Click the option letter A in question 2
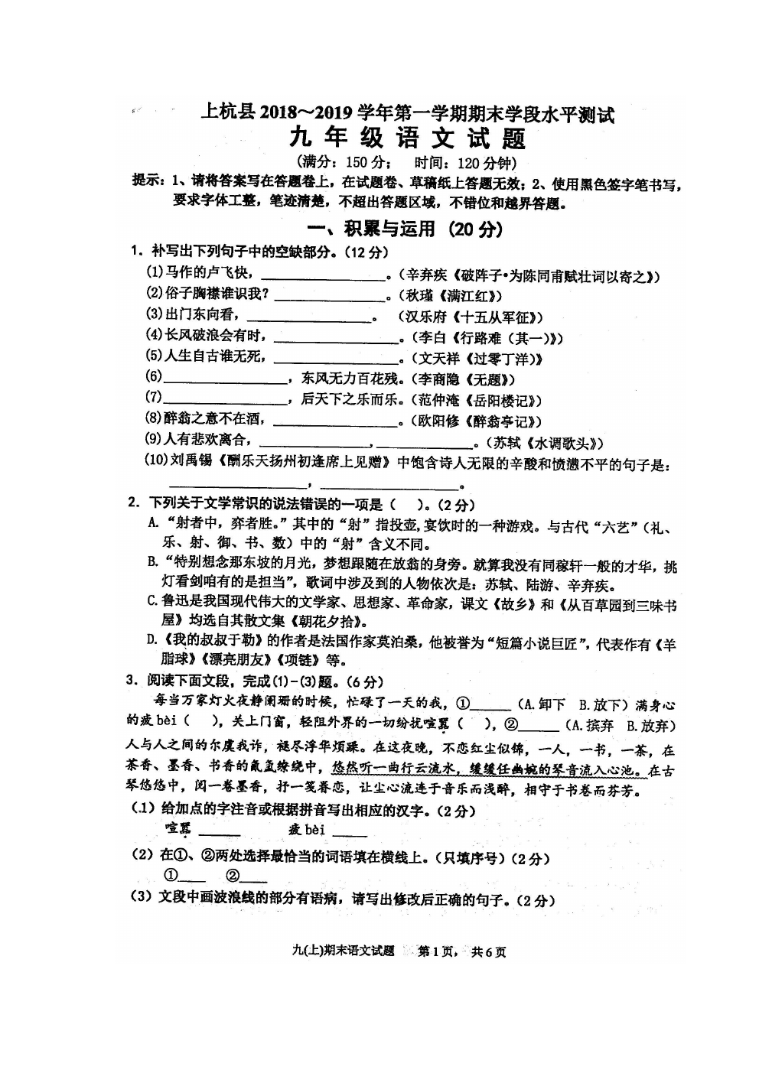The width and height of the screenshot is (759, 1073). pos(153,525)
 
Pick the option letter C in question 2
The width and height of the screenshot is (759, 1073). pos(152,603)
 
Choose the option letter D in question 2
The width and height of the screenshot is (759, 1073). pos(152,642)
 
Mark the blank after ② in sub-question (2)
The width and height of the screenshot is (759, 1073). pos(253,878)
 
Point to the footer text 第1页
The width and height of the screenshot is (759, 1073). pos(438,951)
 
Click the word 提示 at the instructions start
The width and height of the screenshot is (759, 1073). pos(148,182)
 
